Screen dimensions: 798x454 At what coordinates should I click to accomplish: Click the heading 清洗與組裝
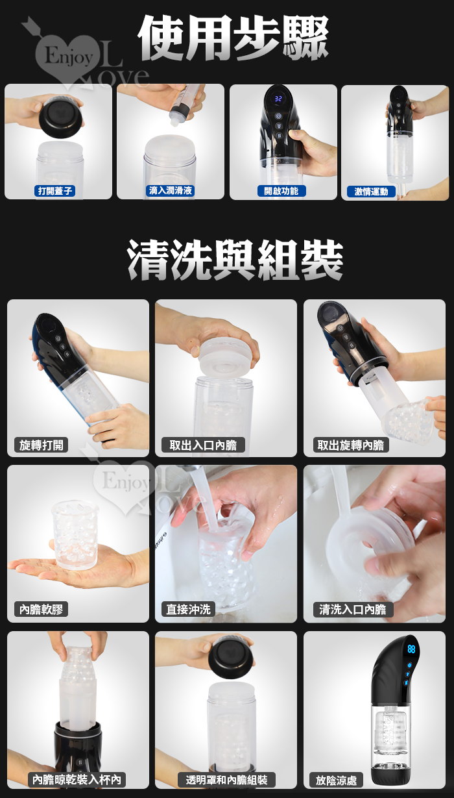click(235, 259)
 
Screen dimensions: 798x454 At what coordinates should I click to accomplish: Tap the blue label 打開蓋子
click(56, 191)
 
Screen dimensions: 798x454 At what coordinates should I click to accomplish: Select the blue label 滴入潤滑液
click(171, 190)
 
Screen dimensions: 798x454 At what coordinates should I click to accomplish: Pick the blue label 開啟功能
click(281, 191)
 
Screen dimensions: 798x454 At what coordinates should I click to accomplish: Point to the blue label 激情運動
click(371, 192)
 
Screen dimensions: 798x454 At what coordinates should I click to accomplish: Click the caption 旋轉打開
click(41, 445)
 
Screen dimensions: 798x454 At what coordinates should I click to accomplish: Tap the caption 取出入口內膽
click(203, 445)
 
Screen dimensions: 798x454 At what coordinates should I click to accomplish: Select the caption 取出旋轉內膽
click(351, 445)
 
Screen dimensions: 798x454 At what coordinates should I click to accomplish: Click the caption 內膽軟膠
click(41, 609)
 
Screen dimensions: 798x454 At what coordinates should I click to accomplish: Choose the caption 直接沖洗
click(189, 609)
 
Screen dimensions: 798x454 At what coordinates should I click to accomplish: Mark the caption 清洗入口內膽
click(352, 609)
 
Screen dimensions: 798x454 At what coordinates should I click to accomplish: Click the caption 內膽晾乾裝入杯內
click(77, 780)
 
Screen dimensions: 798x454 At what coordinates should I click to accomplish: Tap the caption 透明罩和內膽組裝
click(226, 780)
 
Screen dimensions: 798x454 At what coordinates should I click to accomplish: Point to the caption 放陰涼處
click(336, 780)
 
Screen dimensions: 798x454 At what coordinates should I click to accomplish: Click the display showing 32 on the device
click(278, 99)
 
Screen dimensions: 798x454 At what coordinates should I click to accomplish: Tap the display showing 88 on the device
click(411, 649)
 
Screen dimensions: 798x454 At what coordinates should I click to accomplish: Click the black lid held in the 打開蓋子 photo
click(60, 118)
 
